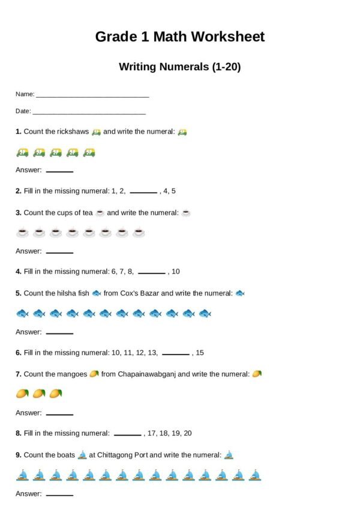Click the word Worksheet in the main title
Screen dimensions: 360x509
coord(230,37)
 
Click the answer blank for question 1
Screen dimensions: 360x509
coord(59,171)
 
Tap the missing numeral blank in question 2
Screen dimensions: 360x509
coord(143,192)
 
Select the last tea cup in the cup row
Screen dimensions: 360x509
coord(139,233)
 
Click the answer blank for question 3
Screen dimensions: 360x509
coord(59,252)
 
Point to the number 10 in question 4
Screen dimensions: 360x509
coord(175,272)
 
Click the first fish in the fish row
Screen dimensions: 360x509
coord(22,313)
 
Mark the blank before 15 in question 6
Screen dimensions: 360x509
coord(176,354)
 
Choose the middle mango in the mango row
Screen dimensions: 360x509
coord(39,394)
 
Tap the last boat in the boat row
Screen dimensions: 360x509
coord(256,475)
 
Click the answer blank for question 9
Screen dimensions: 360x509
coord(59,495)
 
